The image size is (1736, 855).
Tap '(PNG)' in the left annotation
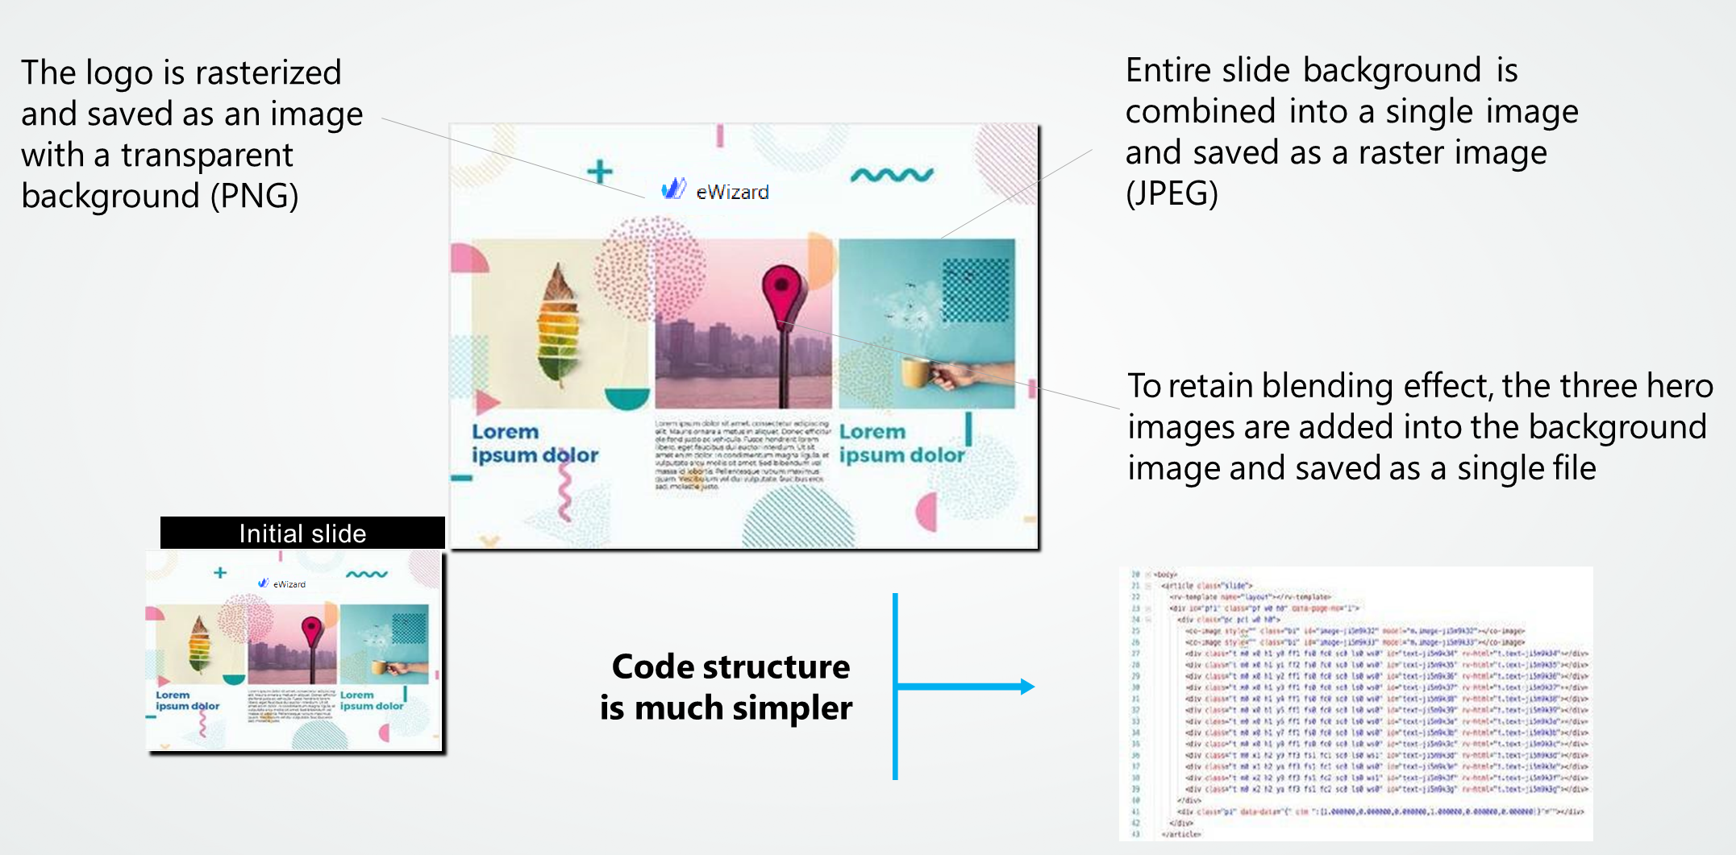point(254,196)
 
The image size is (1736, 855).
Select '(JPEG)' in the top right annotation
point(1172,193)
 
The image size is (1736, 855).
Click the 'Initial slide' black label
point(302,533)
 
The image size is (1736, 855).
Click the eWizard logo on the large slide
point(714,190)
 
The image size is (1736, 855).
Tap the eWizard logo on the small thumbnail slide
point(281,583)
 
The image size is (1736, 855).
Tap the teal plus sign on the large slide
point(599,172)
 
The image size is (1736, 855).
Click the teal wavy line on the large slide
point(892,174)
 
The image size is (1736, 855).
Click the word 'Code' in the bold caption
point(652,667)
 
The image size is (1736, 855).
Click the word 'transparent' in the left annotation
point(206,155)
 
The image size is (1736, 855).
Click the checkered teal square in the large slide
point(976,290)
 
